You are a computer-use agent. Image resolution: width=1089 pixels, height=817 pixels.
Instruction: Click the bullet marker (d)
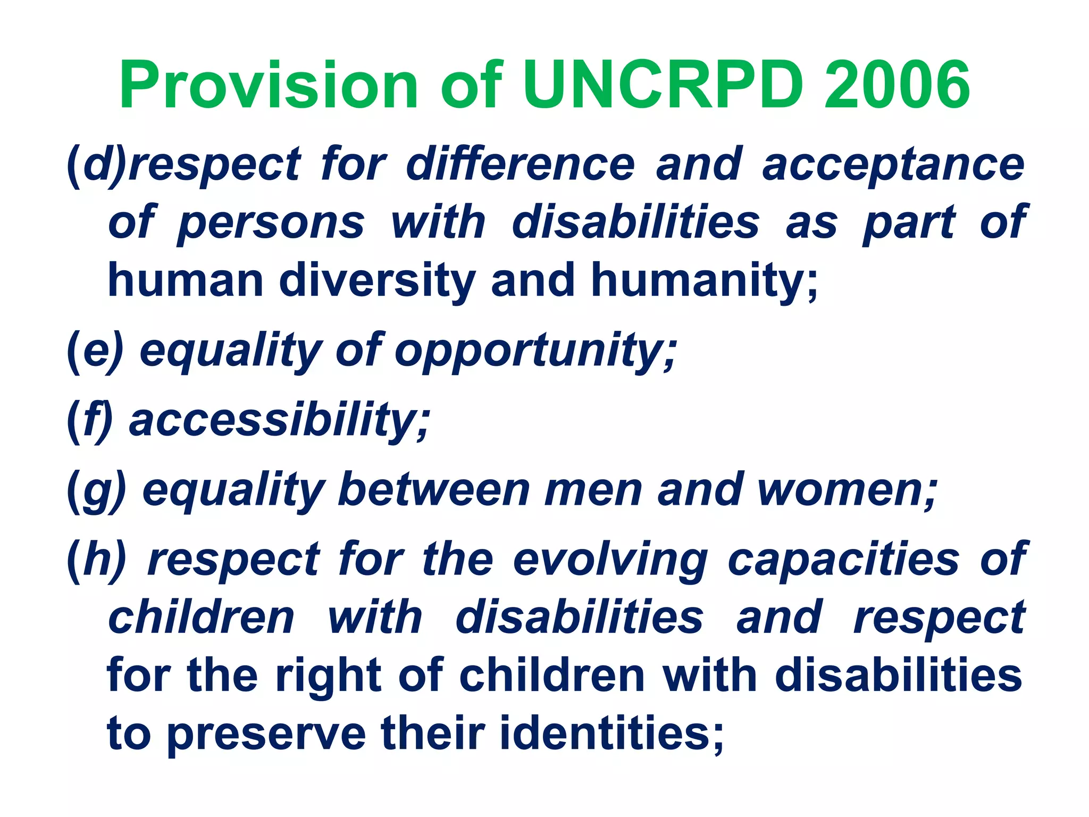96,164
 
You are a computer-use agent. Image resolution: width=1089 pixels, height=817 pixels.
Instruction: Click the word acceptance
893,164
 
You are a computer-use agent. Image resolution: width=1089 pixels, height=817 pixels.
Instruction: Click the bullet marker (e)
95,351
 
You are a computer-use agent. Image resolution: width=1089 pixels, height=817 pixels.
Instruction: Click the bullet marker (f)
90,421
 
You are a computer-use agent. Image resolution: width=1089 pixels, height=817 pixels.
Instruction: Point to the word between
433,490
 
